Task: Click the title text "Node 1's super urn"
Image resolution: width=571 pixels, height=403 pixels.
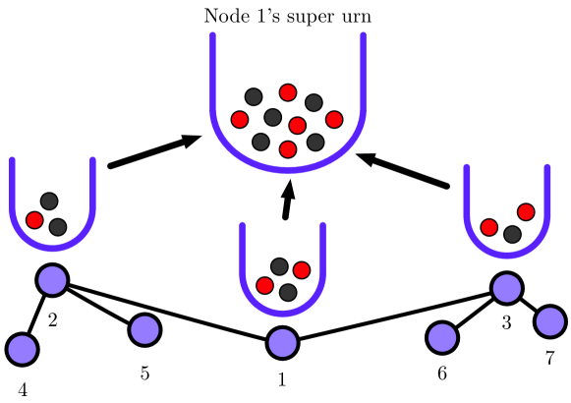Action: [x=287, y=16]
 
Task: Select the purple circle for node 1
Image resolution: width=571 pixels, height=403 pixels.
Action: [x=282, y=343]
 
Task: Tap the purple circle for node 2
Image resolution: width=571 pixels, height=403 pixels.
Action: [x=52, y=280]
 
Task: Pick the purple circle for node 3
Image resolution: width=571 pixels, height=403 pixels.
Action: [x=506, y=288]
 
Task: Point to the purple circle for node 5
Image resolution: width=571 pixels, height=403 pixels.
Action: [x=143, y=329]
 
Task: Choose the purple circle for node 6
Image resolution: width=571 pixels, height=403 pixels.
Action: [x=441, y=337]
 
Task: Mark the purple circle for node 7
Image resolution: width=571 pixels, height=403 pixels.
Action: [x=550, y=320]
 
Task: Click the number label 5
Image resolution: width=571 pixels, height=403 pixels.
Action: [x=144, y=374]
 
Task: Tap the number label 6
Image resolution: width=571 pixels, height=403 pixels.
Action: [x=441, y=374]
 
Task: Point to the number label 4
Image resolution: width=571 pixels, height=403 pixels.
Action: [x=22, y=388]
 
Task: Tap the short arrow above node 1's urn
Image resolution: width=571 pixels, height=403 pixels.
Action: [x=288, y=201]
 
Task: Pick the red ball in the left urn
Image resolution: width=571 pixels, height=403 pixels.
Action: [x=34, y=219]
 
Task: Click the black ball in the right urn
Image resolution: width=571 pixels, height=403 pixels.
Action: [x=512, y=234]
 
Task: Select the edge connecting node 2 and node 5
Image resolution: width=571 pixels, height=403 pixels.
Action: [x=98, y=305]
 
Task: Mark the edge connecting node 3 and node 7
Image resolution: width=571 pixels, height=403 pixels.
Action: [x=529, y=305]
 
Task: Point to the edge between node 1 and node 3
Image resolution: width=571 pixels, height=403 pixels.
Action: [x=393, y=316]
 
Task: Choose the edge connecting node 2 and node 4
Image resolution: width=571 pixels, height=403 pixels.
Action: [x=36, y=314]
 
